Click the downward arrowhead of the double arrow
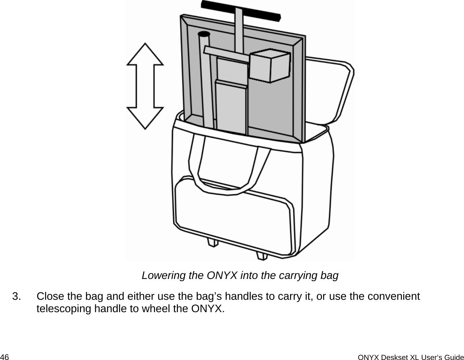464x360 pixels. coord(145,117)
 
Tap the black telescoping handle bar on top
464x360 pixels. coord(240,10)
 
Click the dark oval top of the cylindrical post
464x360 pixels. coord(204,34)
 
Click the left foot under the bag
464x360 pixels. coord(212,243)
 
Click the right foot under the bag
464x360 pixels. coord(262,255)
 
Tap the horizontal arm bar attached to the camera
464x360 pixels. coord(226,54)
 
